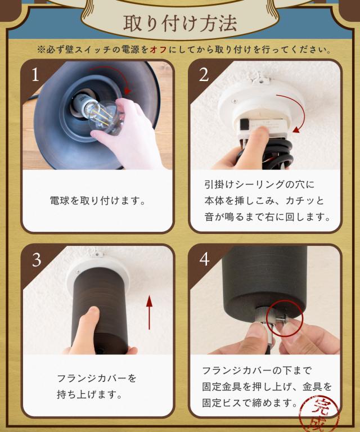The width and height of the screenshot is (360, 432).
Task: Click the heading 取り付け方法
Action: coord(180,23)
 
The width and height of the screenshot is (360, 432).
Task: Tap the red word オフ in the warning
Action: coord(159,49)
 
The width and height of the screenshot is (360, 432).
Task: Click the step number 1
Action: coord(35,74)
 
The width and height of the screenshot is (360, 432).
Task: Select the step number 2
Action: coord(204,74)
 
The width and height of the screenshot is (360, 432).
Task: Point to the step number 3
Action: coord(37,259)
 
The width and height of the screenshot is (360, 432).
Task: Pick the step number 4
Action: coord(204,259)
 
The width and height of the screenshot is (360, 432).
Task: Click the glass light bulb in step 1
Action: coord(104,116)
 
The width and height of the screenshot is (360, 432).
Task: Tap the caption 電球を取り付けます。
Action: coord(98,201)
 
